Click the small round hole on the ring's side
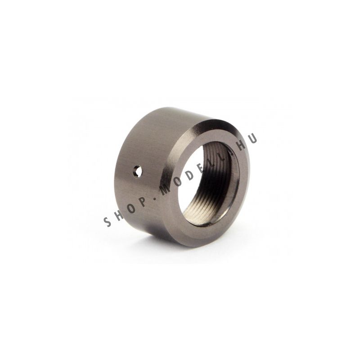(137, 171)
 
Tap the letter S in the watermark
(108, 222)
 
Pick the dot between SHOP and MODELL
(154, 197)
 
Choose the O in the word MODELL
(178, 182)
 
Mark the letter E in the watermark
(202, 167)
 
